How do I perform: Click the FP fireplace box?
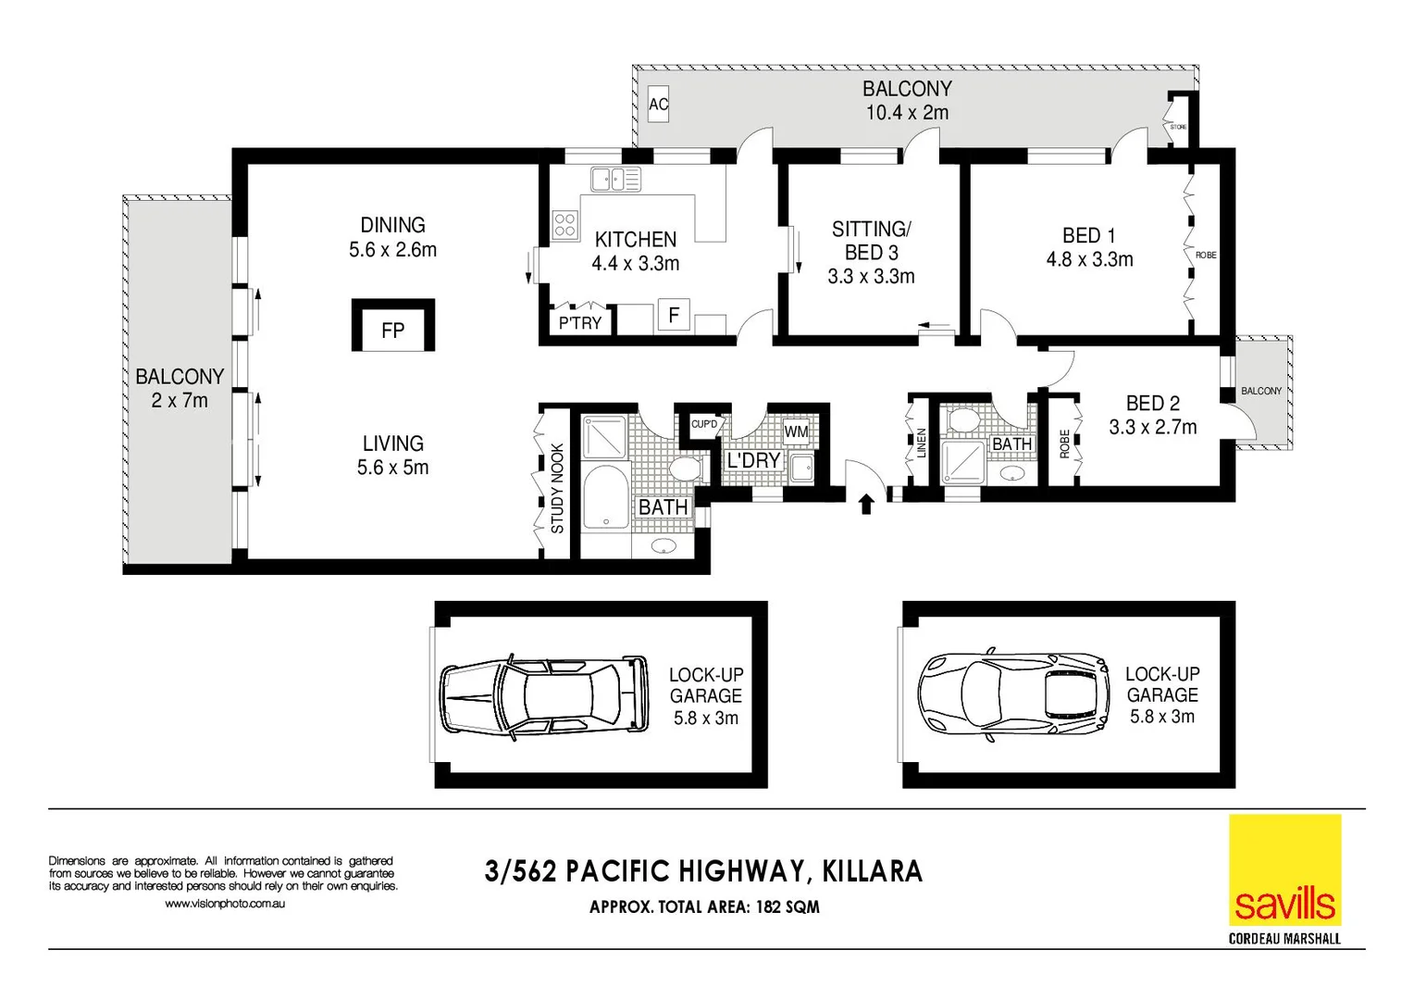point(392,326)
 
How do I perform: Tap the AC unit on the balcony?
point(658,104)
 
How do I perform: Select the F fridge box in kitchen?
point(674,315)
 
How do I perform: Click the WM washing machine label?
point(796,431)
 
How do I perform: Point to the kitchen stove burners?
point(565,225)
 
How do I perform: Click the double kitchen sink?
point(615,179)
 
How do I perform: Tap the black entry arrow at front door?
point(866,504)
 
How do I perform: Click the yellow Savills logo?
point(1284,870)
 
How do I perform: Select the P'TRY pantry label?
point(580,322)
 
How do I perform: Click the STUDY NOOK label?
point(557,488)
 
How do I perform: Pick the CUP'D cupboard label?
point(704,424)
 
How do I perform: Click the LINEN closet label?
point(921,443)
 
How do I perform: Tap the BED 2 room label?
point(1152,404)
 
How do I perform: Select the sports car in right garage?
point(1013,695)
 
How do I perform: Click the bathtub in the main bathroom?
point(605,498)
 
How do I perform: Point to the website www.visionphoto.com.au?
point(225,904)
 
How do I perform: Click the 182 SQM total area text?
point(788,906)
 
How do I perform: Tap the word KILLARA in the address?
point(872,871)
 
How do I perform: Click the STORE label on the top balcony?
point(1178,127)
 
